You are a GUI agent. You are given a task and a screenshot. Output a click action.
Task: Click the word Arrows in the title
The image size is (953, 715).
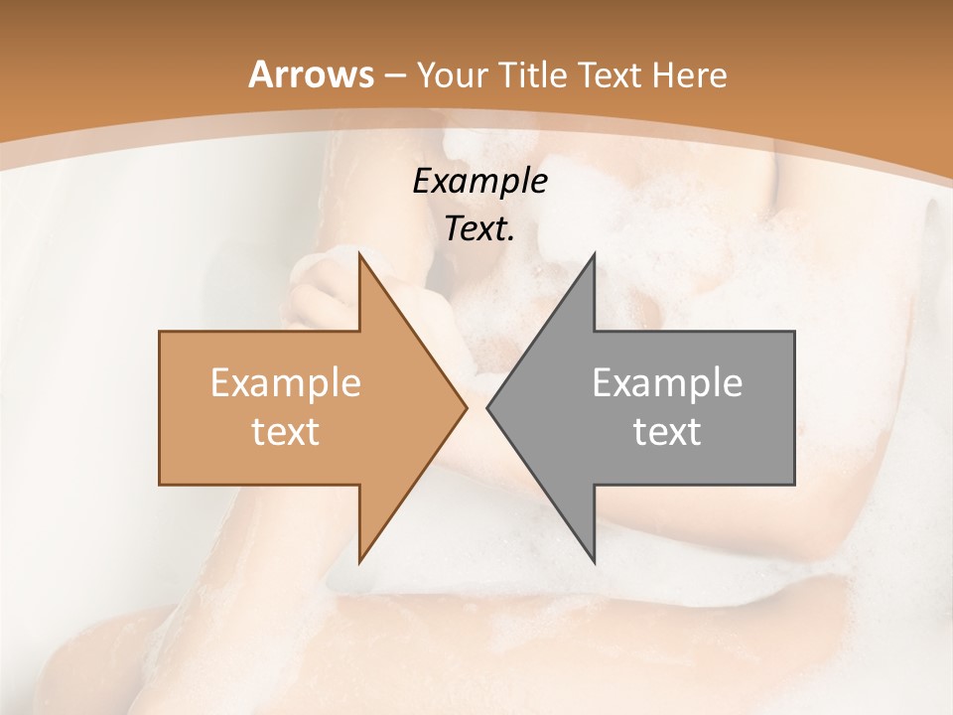click(x=311, y=74)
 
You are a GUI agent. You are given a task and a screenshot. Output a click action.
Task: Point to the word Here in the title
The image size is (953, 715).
click(x=694, y=74)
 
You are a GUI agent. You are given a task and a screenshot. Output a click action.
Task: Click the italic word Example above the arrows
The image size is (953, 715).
click(x=480, y=181)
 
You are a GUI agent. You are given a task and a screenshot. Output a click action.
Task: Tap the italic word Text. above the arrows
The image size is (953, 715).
click(x=480, y=229)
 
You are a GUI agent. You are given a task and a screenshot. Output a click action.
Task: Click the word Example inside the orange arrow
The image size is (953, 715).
click(x=286, y=383)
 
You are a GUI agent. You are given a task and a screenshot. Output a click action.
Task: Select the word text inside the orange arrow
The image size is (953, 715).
click(x=286, y=431)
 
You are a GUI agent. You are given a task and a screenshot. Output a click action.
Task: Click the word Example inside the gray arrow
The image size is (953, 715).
click(x=667, y=383)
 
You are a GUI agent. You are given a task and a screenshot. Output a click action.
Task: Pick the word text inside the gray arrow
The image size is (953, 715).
click(x=667, y=431)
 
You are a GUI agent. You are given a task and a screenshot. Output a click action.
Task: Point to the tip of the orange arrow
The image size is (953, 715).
click(x=467, y=407)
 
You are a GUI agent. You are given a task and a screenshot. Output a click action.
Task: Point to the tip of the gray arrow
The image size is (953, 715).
click(x=487, y=407)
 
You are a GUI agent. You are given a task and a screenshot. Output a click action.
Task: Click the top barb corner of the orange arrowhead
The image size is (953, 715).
click(x=359, y=254)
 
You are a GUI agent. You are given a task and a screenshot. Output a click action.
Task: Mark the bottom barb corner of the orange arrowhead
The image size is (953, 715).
click(x=359, y=562)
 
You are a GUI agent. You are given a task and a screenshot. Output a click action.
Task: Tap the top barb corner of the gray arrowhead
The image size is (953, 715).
click(x=594, y=254)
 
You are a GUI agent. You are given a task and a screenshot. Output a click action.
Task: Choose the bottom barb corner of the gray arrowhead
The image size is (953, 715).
click(x=594, y=562)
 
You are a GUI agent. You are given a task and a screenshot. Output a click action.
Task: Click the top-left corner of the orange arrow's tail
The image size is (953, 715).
click(x=160, y=332)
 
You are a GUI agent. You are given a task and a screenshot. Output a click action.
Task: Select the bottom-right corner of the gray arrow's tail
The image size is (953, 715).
click(x=794, y=485)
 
